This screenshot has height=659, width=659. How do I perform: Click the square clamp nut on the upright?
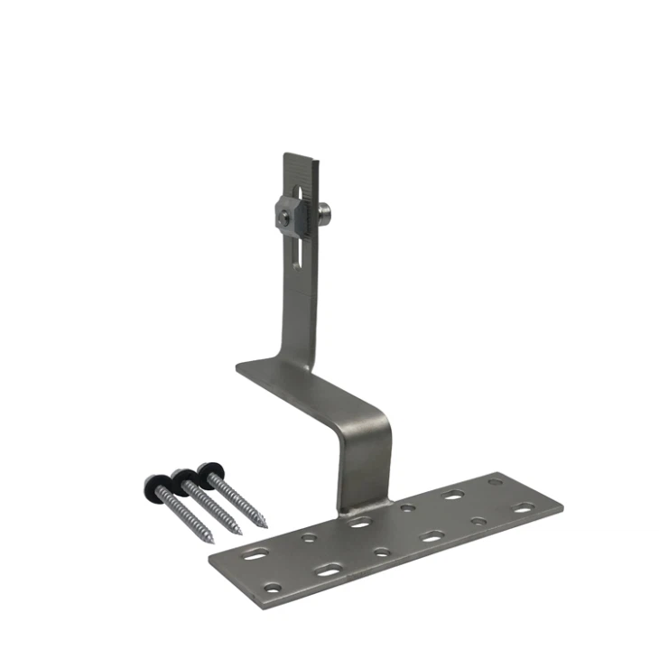(286, 216)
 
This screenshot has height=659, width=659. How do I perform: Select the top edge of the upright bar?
(301, 156)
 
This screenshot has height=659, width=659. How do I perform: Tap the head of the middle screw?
(182, 476)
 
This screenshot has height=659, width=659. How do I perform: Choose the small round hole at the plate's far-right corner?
(494, 482)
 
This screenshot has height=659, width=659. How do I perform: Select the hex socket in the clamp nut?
(283, 216)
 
